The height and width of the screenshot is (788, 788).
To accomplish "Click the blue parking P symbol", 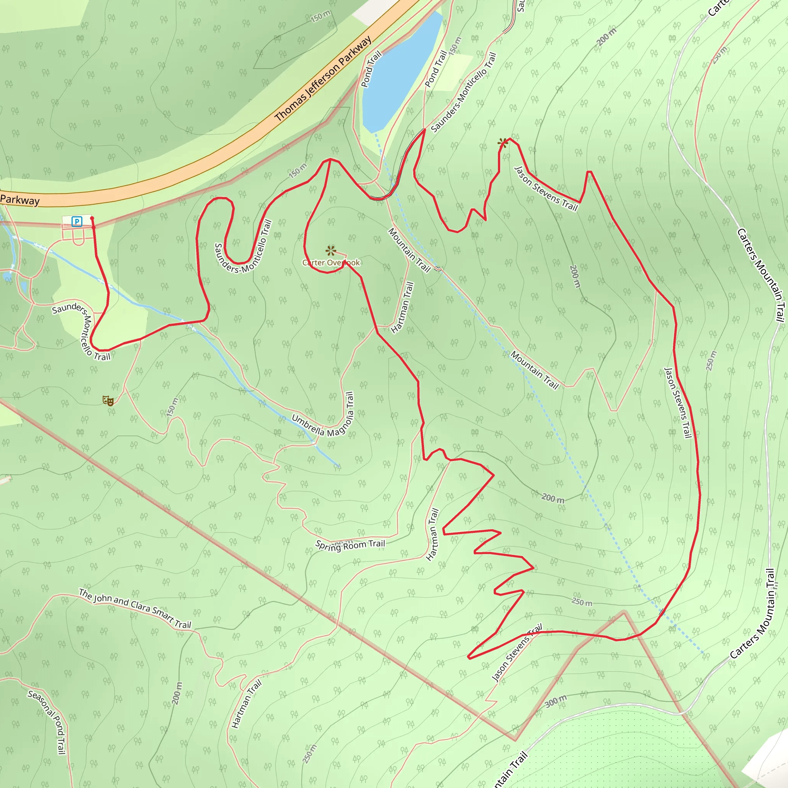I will point(77,222).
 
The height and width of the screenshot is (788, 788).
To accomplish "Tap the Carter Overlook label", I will point(331,263).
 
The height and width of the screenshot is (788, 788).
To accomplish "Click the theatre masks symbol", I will point(108,400).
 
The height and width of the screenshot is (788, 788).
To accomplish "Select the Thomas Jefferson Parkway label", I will point(323,78).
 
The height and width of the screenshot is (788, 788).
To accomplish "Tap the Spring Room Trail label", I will point(350,545).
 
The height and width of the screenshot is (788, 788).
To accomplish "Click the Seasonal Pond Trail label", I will point(47,721).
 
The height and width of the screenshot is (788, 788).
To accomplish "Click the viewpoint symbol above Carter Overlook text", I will point(331,250).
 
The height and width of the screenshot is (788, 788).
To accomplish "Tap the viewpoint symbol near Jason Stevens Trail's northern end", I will point(503,143).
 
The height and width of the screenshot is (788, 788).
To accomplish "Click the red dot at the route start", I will point(92,219).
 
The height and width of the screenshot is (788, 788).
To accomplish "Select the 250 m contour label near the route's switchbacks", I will point(582,602).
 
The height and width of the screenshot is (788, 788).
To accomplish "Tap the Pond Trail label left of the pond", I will point(371,69).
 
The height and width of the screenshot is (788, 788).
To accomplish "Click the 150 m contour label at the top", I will point(320,17).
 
